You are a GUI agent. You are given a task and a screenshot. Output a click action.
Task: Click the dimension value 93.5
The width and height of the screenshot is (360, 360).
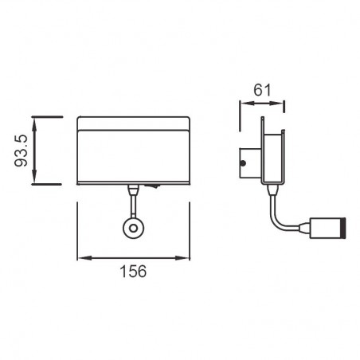tap(22, 151)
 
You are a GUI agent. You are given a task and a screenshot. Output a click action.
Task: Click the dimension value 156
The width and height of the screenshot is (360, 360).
tap(134, 272)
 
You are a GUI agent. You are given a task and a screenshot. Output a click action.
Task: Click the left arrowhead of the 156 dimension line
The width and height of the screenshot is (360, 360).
tap(82, 258)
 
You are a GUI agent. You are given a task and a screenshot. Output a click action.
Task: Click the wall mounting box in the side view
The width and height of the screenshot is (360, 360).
tap(249, 164)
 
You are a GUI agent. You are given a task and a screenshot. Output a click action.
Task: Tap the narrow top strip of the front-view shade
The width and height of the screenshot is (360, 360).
tap(134, 123)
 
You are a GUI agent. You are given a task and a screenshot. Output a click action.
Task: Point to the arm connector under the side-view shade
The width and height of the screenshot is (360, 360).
tap(271, 188)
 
